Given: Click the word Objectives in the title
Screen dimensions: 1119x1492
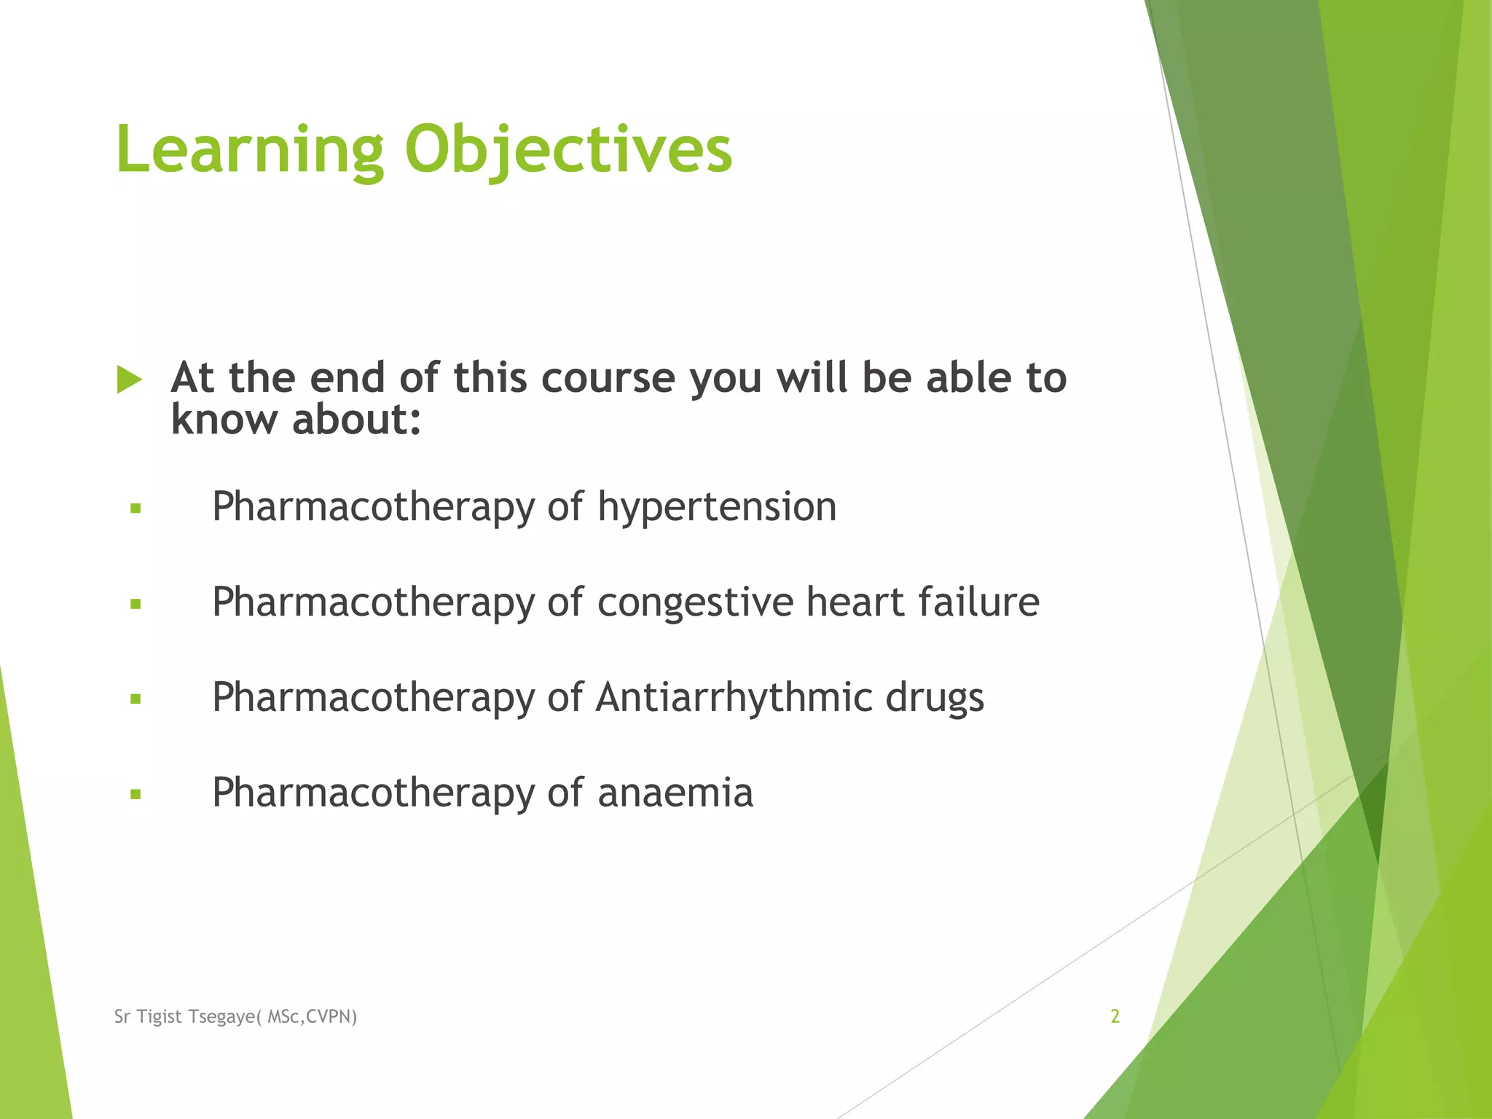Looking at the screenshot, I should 568,151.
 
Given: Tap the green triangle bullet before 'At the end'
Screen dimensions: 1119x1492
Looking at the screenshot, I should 129,380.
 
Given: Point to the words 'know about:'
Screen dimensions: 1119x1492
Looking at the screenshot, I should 296,420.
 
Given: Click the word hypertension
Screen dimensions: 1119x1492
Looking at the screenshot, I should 717,508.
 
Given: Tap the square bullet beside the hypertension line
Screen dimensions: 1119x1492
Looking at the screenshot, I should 136,509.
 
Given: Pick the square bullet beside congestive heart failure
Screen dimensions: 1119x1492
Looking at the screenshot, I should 136,604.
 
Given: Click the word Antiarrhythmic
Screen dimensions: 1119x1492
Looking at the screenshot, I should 734,698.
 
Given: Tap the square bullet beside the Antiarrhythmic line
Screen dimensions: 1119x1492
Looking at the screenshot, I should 136,699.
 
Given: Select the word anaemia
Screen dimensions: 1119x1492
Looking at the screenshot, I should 675,793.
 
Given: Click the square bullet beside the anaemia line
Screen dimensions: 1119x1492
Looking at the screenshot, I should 136,795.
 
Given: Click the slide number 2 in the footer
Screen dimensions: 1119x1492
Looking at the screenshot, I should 1115,1016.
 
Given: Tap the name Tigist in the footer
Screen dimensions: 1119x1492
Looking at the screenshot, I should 160,1017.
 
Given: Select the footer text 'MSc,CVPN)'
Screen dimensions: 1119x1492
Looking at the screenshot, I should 313,1017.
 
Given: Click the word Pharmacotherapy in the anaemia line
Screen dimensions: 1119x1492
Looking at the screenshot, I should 373,793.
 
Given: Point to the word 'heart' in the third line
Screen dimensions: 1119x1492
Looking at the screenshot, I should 855,602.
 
